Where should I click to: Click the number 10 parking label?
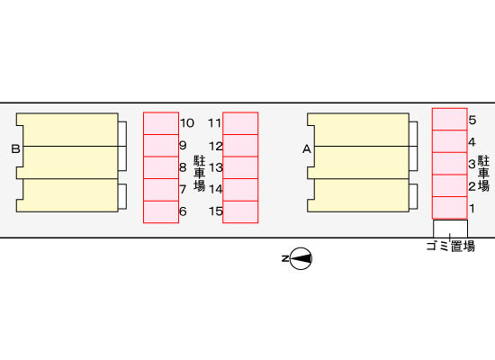coord(187,122)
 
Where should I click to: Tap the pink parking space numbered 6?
coord(161,211)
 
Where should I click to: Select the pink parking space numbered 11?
coord(240,123)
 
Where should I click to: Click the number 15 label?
coord(216,211)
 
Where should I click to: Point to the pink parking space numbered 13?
coord(240,167)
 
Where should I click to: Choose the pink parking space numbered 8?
coord(161,167)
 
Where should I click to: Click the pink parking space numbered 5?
coord(449,120)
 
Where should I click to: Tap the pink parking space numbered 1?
coord(449,208)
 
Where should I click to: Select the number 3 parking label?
coord(472,164)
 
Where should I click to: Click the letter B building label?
coord(15,148)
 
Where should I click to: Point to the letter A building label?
coord(307,149)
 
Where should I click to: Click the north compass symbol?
coord(301,258)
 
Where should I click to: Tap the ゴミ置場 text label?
coord(451,246)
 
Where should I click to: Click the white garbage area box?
coord(450,229)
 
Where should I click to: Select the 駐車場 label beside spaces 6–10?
coord(200,174)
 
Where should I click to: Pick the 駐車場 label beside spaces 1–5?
coord(483,174)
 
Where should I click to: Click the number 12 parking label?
coord(216,146)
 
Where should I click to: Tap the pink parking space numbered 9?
coord(161,146)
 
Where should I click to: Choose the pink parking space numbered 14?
coord(240,190)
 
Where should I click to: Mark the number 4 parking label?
coord(472,142)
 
